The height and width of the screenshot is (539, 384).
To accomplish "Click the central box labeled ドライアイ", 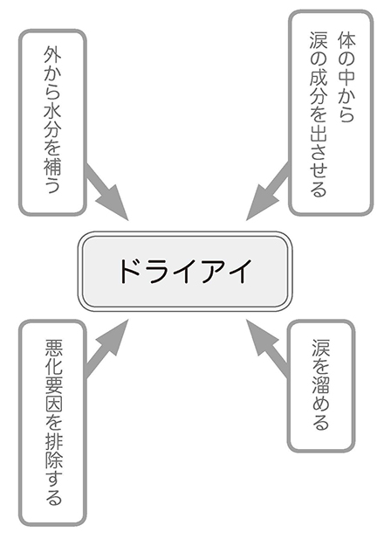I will click(x=184, y=270).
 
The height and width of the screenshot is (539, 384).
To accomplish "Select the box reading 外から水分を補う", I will click(x=52, y=122).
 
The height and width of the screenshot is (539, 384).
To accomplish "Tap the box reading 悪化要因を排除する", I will click(x=52, y=422).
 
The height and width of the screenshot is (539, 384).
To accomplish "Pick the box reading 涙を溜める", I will click(x=320, y=387).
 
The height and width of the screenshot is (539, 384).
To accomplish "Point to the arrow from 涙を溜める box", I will click(x=269, y=346).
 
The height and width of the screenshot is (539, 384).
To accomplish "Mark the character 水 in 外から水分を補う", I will click(x=52, y=112).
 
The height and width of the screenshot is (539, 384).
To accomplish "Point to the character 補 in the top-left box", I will click(x=52, y=169).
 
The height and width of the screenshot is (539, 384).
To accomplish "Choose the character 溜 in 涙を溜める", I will click(x=320, y=385).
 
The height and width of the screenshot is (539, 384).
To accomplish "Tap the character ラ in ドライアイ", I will click(x=158, y=270).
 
